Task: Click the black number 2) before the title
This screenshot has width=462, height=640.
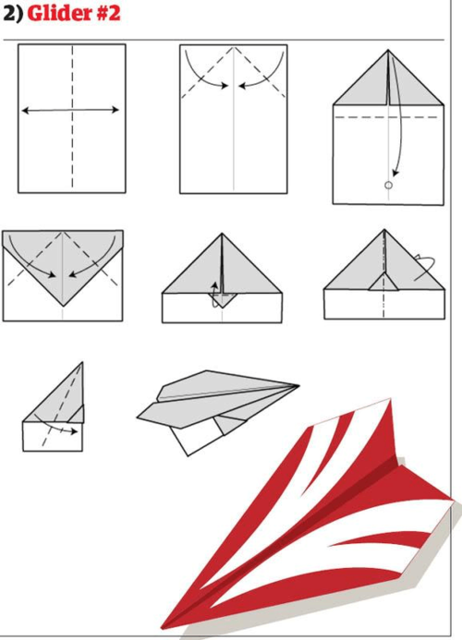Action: (13, 14)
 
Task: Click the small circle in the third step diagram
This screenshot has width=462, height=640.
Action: (388, 186)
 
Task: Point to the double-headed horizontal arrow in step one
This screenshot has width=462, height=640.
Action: (70, 110)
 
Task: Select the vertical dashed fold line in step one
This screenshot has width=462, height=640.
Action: (73, 116)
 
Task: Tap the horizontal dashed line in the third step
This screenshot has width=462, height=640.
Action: (386, 117)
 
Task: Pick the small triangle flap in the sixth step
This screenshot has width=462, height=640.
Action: (383, 282)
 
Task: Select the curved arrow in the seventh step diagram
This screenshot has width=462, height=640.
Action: (55, 426)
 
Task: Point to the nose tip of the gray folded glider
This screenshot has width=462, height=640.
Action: (299, 385)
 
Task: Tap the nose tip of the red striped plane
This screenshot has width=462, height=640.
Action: (163, 628)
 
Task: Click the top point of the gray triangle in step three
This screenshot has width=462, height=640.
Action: (388, 50)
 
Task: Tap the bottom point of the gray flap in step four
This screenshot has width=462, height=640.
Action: (63, 306)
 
